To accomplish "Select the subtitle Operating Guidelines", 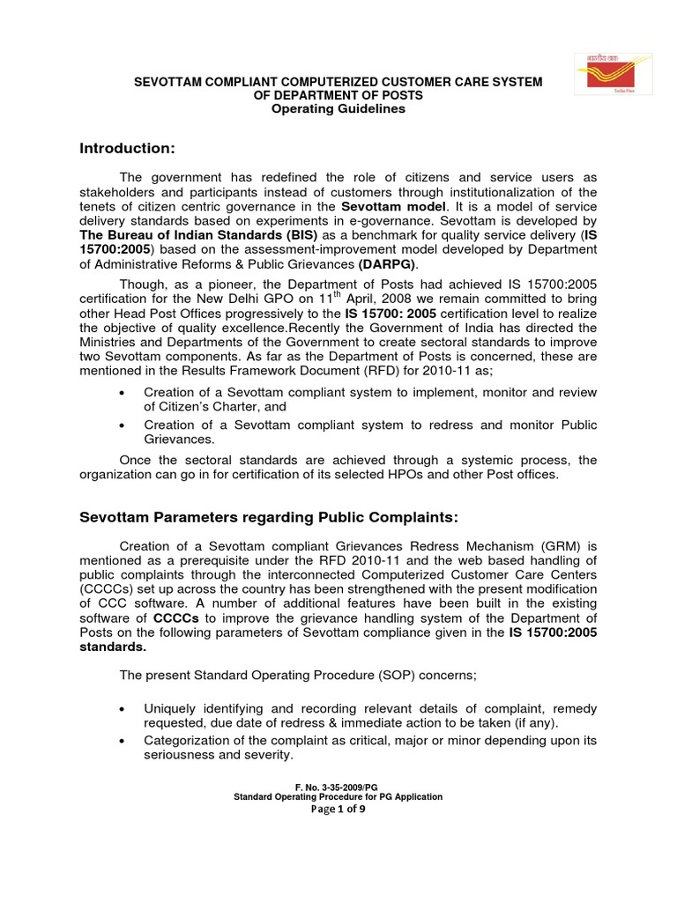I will tap(338, 109).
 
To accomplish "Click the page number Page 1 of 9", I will tap(338, 810).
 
